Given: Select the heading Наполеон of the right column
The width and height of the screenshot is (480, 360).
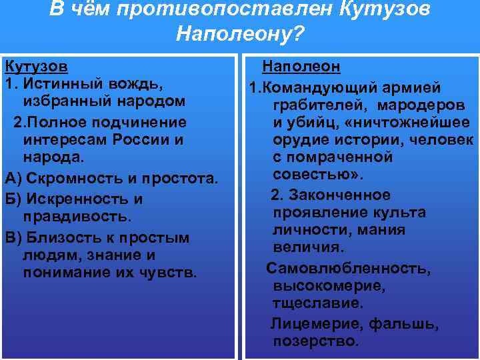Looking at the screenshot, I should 301,67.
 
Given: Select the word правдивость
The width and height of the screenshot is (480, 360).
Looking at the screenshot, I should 77,217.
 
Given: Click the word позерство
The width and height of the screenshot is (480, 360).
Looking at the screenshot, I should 316,341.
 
